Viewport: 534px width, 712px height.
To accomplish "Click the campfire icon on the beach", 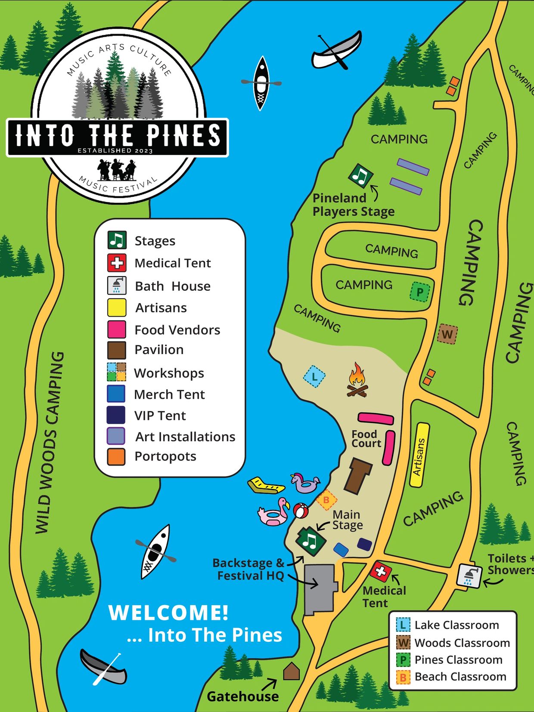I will (x=357, y=380).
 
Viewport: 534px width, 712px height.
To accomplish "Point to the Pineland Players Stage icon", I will (x=361, y=175).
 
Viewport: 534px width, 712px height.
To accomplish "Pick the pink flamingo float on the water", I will (x=275, y=513).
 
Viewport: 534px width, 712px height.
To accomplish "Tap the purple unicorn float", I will (x=305, y=483).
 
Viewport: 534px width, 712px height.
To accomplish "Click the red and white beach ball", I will (x=301, y=511).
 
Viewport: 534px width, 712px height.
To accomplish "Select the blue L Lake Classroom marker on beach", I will (x=314, y=377).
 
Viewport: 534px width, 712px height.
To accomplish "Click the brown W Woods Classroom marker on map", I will (x=447, y=334).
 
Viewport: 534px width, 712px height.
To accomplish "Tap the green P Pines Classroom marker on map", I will (x=420, y=292).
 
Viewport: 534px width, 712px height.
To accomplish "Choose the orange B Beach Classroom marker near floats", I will (x=326, y=500).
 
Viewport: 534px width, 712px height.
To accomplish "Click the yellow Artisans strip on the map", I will (x=419, y=455).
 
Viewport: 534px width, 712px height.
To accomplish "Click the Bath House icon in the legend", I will (x=117, y=286).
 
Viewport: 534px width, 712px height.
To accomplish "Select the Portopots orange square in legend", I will (x=116, y=457).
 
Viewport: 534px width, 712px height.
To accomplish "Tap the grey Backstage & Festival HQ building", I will (x=319, y=588).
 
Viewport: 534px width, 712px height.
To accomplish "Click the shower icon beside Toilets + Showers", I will (x=469, y=575).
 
